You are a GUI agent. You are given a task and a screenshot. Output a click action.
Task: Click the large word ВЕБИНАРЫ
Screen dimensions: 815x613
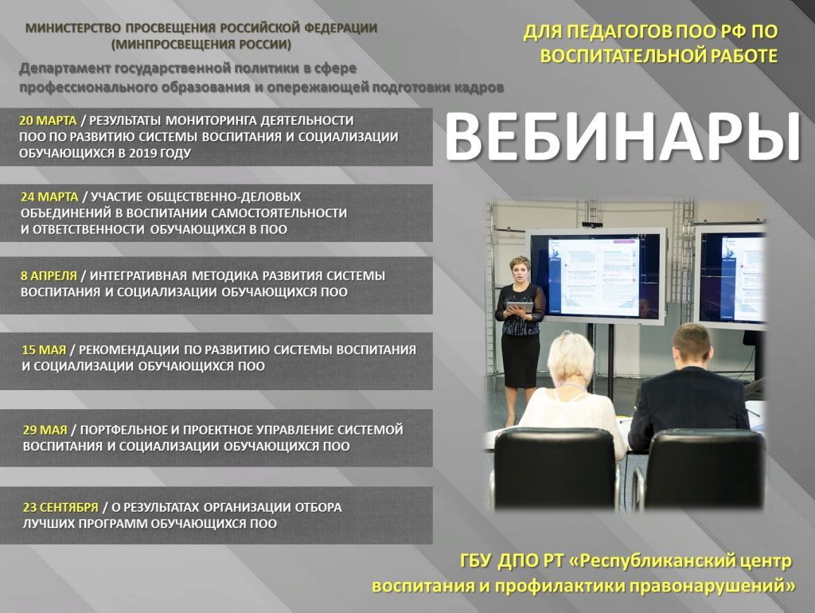(x=622, y=137)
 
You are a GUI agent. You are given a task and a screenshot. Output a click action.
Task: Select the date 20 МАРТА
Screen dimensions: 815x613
(x=48, y=121)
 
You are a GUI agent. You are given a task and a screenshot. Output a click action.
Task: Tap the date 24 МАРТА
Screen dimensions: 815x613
(x=49, y=197)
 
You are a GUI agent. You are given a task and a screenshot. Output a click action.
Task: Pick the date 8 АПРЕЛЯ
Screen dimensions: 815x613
(x=49, y=275)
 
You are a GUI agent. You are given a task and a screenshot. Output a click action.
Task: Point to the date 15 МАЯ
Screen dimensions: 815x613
(x=45, y=350)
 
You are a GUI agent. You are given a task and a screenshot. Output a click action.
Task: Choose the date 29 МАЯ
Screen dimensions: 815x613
(x=45, y=430)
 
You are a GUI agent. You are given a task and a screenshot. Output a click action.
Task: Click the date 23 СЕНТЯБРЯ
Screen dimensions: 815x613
(x=60, y=507)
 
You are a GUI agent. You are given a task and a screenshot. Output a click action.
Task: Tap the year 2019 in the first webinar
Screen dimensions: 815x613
(x=144, y=154)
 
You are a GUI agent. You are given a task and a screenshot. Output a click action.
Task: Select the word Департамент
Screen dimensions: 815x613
(x=65, y=68)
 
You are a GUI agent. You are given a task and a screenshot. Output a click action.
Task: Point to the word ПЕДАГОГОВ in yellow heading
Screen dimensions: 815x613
(x=619, y=32)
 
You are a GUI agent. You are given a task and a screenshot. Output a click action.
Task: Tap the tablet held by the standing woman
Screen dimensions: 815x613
(x=520, y=307)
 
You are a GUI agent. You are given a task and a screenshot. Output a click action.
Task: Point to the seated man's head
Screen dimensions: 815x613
(x=692, y=346)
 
